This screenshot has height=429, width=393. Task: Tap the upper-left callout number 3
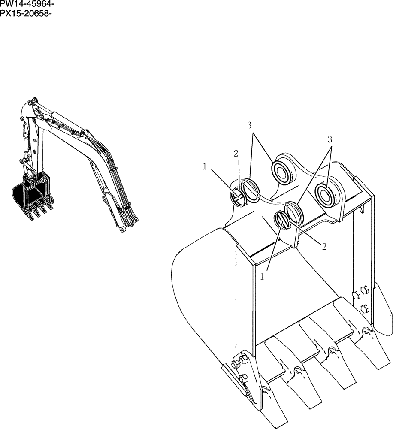pyautogui.click(x=249, y=125)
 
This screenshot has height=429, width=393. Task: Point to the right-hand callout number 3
pyautogui.click(x=330, y=139)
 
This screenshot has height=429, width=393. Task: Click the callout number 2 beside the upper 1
pyautogui.click(x=236, y=154)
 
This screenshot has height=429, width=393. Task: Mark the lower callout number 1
pyautogui.click(x=261, y=277)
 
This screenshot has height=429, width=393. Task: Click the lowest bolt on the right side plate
pyautogui.click(x=366, y=307)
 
